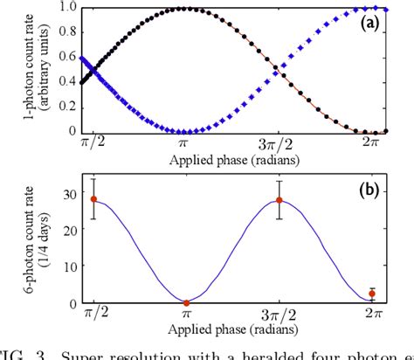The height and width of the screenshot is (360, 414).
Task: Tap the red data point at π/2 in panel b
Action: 93,199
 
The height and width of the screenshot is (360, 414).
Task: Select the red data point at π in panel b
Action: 186,302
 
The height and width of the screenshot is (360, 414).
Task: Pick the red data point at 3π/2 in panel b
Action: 279,200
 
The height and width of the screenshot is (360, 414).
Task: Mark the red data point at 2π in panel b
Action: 372,294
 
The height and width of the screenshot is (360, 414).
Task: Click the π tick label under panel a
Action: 185,143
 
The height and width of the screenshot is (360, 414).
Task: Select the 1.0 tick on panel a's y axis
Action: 67,8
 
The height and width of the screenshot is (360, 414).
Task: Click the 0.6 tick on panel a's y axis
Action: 67,57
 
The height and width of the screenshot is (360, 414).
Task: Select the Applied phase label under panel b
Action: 231,328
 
